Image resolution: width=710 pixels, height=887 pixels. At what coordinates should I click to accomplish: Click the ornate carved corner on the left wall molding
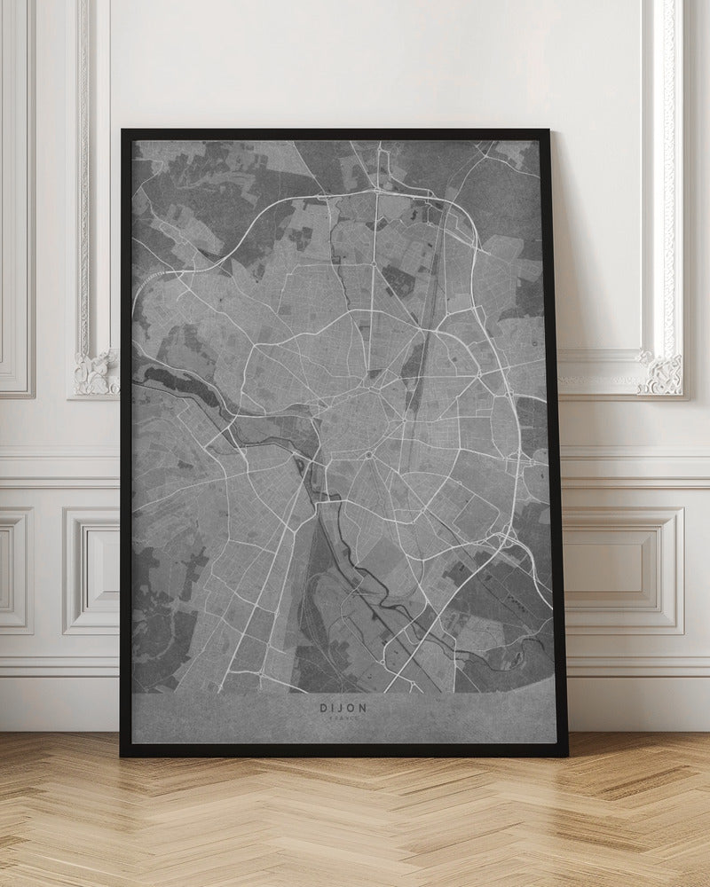pyautogui.click(x=96, y=373)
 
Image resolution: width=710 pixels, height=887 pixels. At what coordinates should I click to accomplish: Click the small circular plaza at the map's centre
pyautogui.click(x=367, y=456)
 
